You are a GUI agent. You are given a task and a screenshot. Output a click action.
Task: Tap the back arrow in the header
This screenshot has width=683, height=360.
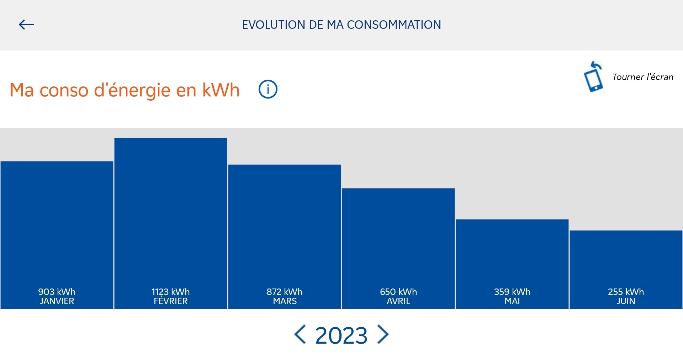point(26,25)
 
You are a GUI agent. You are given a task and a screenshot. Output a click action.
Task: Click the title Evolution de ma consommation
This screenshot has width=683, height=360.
point(341,25)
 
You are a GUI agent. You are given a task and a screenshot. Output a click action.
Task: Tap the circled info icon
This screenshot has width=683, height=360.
point(268,89)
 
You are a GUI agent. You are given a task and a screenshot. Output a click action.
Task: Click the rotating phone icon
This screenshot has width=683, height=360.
point(594,77)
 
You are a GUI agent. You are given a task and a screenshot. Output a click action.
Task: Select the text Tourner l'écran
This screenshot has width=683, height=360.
point(643,77)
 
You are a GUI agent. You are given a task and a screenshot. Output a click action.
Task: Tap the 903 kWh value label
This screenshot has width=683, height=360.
point(57,292)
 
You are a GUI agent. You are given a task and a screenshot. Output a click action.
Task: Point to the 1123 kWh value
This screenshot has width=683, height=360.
point(171,292)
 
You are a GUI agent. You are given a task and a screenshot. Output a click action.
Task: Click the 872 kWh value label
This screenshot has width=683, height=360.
point(285,292)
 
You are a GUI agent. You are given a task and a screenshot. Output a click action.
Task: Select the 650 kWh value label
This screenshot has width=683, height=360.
point(398,292)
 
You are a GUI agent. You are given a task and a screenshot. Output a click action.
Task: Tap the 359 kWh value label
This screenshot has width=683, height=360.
point(512,292)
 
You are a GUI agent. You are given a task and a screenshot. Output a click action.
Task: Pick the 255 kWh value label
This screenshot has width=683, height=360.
point(626,292)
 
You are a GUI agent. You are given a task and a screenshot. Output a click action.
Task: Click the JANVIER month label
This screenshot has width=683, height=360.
point(57,301)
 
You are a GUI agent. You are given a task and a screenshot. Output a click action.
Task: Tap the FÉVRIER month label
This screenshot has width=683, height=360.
point(171,301)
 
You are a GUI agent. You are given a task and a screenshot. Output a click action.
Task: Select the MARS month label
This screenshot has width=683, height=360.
point(285,301)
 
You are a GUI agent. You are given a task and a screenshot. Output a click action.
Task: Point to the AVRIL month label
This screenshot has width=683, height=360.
point(398,301)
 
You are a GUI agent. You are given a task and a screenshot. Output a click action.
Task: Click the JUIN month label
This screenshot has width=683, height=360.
point(626,301)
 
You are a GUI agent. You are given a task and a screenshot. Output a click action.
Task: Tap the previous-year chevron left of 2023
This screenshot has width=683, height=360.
point(300,334)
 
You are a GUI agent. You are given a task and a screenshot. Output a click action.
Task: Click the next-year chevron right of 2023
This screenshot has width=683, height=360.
point(383,334)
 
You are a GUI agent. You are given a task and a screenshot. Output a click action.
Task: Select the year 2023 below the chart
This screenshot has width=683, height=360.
point(341,335)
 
